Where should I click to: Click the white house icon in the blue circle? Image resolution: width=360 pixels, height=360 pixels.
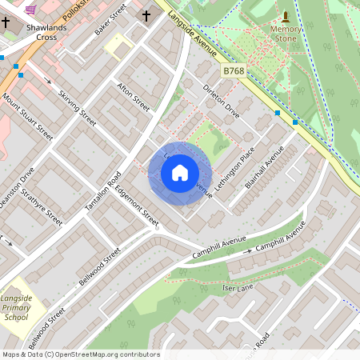pos(180,173)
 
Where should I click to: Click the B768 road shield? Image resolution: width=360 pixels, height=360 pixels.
pos(234,71)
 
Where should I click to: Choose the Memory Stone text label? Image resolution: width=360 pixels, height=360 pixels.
pos(286,34)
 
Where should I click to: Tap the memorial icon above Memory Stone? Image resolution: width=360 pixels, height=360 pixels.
pos(286,17)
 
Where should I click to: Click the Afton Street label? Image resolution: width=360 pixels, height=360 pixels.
pos(134,96)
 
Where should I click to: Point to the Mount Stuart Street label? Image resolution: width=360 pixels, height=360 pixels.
pos(27,117)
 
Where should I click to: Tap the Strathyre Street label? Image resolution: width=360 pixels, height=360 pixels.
pos(41,206)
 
